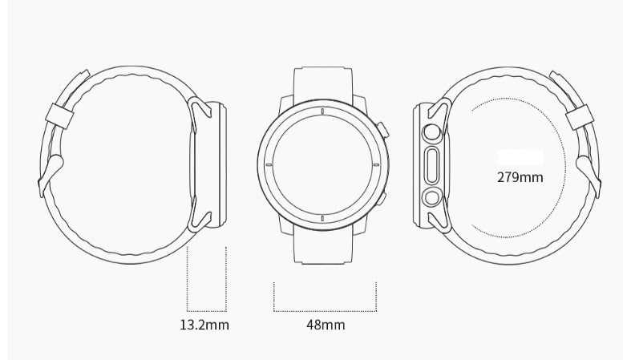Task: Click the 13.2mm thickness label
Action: pyautogui.click(x=204, y=325)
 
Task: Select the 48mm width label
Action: pyautogui.click(x=326, y=325)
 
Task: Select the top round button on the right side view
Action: pyautogui.click(x=433, y=132)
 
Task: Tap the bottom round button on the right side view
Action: pyautogui.click(x=433, y=196)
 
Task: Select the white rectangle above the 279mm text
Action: pyautogui.click(x=520, y=157)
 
